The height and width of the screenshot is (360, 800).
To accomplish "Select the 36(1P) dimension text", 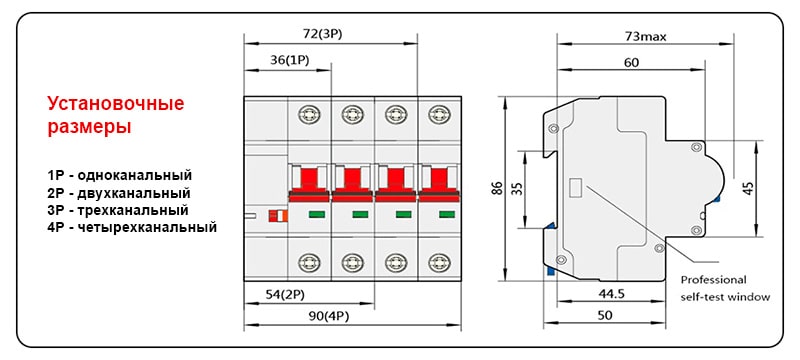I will pos(289,60).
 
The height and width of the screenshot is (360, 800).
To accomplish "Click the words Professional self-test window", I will pos(725,288).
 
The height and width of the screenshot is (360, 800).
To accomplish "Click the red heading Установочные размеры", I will pos(116,115).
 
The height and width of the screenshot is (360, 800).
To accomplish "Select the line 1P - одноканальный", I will pos(118,174).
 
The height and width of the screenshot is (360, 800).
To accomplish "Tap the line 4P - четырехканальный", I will pos(131,227).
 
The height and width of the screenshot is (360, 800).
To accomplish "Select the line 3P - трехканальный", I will pos(117,210).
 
